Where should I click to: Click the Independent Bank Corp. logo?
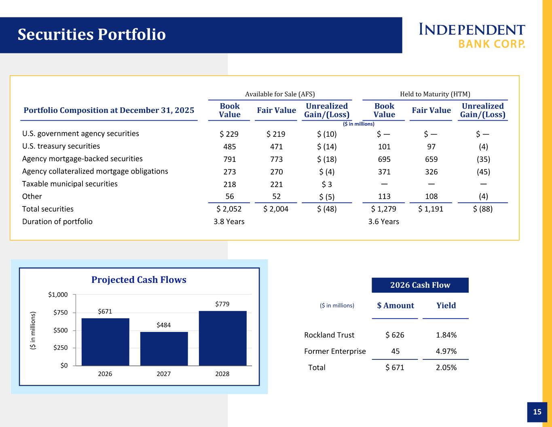click(472, 35)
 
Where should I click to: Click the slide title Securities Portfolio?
click(92, 35)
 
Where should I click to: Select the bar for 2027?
click(164, 348)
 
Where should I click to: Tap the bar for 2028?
click(222, 338)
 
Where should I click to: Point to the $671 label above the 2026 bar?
click(105, 311)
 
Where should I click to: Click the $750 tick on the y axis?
click(59, 312)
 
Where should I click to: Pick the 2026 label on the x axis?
click(105, 374)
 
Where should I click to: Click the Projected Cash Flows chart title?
click(139, 280)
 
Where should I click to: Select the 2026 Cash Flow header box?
click(420, 285)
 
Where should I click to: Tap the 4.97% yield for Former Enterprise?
click(446, 351)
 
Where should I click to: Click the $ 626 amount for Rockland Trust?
click(395, 335)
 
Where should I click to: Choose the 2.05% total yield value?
click(446, 368)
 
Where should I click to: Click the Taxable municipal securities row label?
click(70, 184)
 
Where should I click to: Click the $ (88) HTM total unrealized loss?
click(482, 209)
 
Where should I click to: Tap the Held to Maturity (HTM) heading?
click(435, 94)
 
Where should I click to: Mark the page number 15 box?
click(537, 412)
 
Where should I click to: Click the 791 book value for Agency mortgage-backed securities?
click(229, 159)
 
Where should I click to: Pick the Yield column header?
click(446, 306)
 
